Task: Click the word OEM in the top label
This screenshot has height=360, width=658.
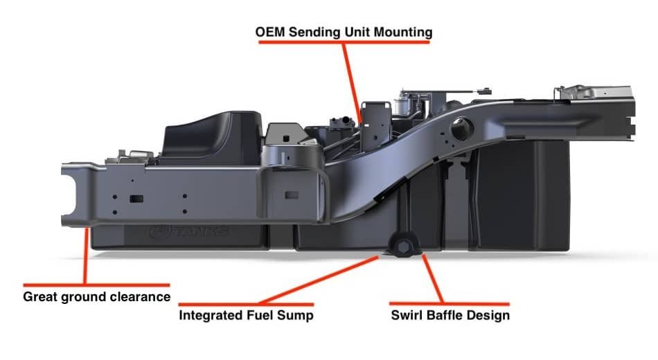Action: (270, 33)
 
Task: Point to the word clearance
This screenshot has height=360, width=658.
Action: (142, 296)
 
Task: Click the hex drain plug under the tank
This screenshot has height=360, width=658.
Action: (403, 247)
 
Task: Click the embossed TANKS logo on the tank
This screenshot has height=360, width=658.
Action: (188, 231)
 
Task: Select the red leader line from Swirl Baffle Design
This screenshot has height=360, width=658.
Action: (433, 278)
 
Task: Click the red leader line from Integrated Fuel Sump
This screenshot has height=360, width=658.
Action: (319, 280)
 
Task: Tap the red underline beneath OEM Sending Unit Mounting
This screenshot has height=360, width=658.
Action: (344, 42)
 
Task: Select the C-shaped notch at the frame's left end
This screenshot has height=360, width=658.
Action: (69, 195)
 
